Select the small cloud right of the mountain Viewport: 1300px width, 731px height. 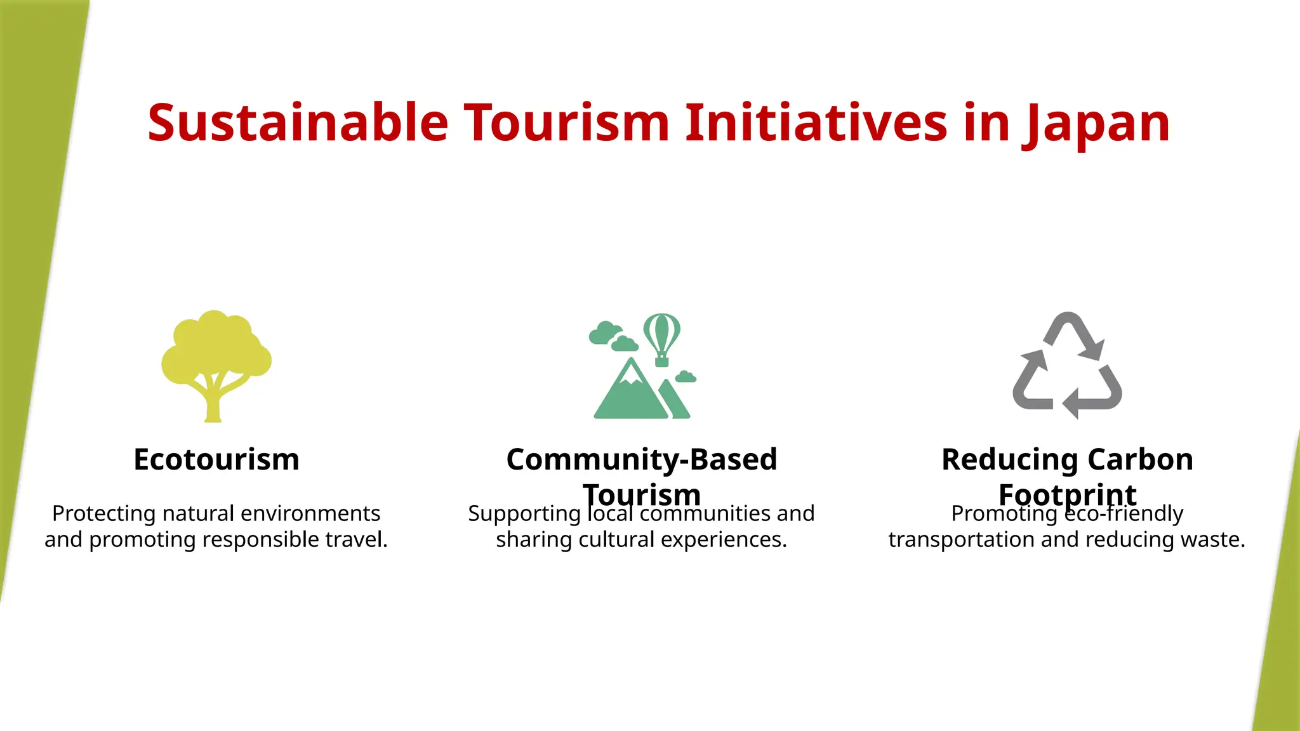686,377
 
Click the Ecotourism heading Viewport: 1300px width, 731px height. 216,459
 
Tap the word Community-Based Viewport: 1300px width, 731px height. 641,459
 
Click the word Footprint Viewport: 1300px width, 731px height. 1067,494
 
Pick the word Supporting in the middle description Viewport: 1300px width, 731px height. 524,514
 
